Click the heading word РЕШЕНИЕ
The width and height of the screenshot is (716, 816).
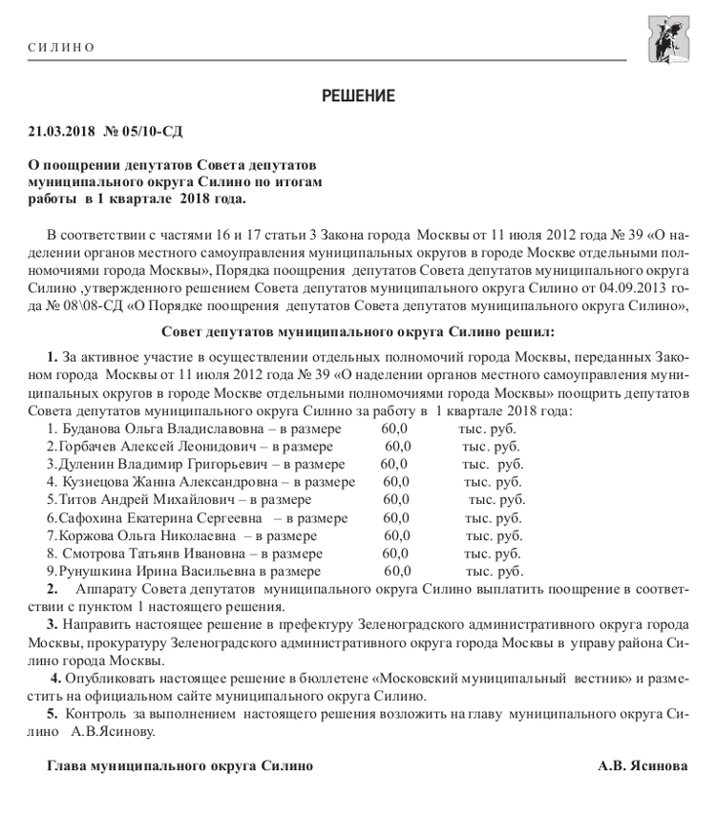pos(358,95)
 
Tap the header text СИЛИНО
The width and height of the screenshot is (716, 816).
pos(62,48)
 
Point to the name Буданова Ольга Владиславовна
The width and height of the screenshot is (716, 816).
pos(158,429)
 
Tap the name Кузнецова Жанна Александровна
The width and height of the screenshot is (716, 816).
pos(159,482)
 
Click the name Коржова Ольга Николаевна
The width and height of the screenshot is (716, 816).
pos(139,535)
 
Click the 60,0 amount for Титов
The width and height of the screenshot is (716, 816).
pos(396,499)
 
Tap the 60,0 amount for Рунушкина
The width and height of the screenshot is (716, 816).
pos(397,571)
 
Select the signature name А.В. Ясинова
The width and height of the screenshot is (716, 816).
pos(642,765)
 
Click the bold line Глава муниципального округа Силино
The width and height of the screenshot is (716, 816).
pos(179,765)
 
